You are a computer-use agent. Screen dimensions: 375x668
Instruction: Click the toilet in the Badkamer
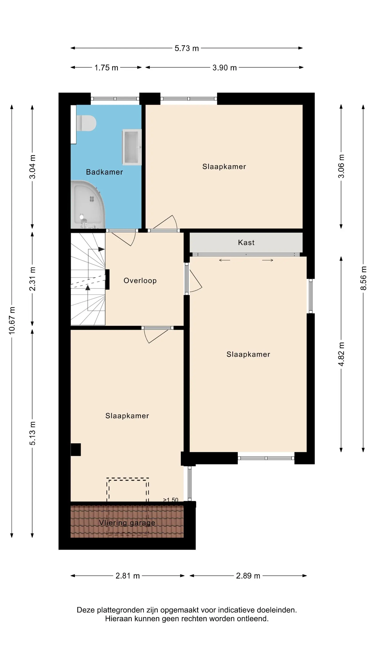tap(87, 123)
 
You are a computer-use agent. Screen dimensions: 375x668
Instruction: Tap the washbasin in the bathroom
tap(132, 147)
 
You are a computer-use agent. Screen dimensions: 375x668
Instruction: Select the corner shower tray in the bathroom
tap(88, 205)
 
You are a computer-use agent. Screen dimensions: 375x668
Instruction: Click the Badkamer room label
tap(104, 172)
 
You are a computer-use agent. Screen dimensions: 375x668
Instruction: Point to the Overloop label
tap(140, 281)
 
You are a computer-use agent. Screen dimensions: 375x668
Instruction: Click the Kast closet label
tap(246, 242)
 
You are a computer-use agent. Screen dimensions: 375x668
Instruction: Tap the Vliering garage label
tap(127, 523)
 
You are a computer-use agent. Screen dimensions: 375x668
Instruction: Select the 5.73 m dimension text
tap(187, 48)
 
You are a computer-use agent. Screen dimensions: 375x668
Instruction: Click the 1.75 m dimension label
tap(106, 68)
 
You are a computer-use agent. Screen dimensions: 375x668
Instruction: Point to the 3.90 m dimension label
tap(224, 68)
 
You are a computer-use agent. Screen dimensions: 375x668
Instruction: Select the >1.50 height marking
tap(171, 500)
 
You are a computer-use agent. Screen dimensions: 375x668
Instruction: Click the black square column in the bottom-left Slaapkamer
tap(76, 449)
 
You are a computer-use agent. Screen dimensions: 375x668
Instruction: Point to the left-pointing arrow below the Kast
tap(224, 260)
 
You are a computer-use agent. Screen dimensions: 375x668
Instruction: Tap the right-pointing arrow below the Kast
tap(268, 260)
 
